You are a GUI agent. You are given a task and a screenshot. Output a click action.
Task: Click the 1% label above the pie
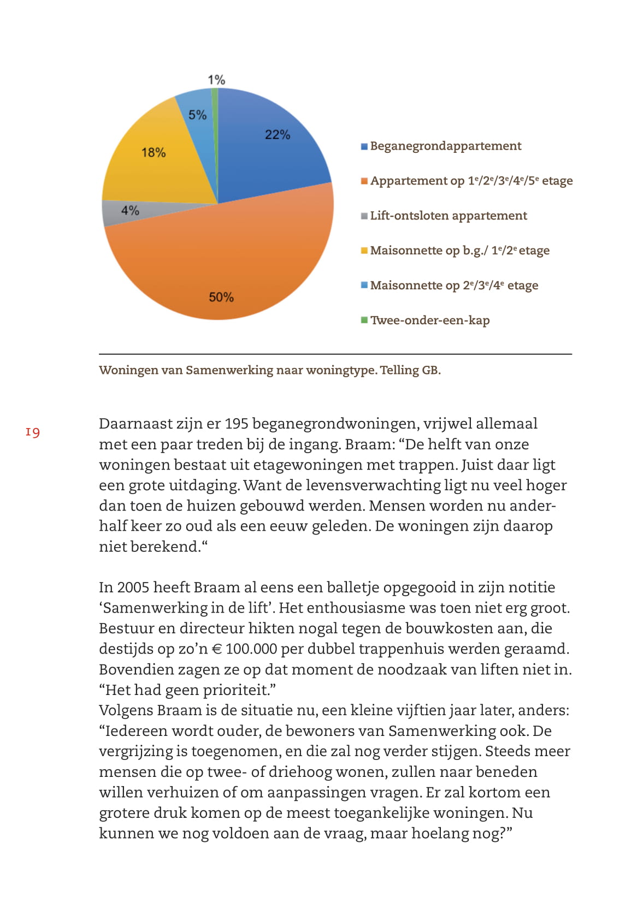[216, 80]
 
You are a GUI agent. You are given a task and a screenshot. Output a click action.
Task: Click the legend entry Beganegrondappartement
[445, 146]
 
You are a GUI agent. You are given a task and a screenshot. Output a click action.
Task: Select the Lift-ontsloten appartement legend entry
[448, 216]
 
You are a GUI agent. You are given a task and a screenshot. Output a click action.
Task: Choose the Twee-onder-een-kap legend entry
[429, 320]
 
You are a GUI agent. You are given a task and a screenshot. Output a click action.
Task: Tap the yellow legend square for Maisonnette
[364, 251]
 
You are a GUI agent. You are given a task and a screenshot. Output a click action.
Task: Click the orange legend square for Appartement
[364, 181]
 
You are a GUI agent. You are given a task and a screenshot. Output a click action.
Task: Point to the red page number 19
[33, 433]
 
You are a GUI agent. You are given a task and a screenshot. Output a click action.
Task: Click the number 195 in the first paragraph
[237, 424]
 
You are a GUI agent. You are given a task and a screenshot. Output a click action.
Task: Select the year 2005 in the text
[133, 588]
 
